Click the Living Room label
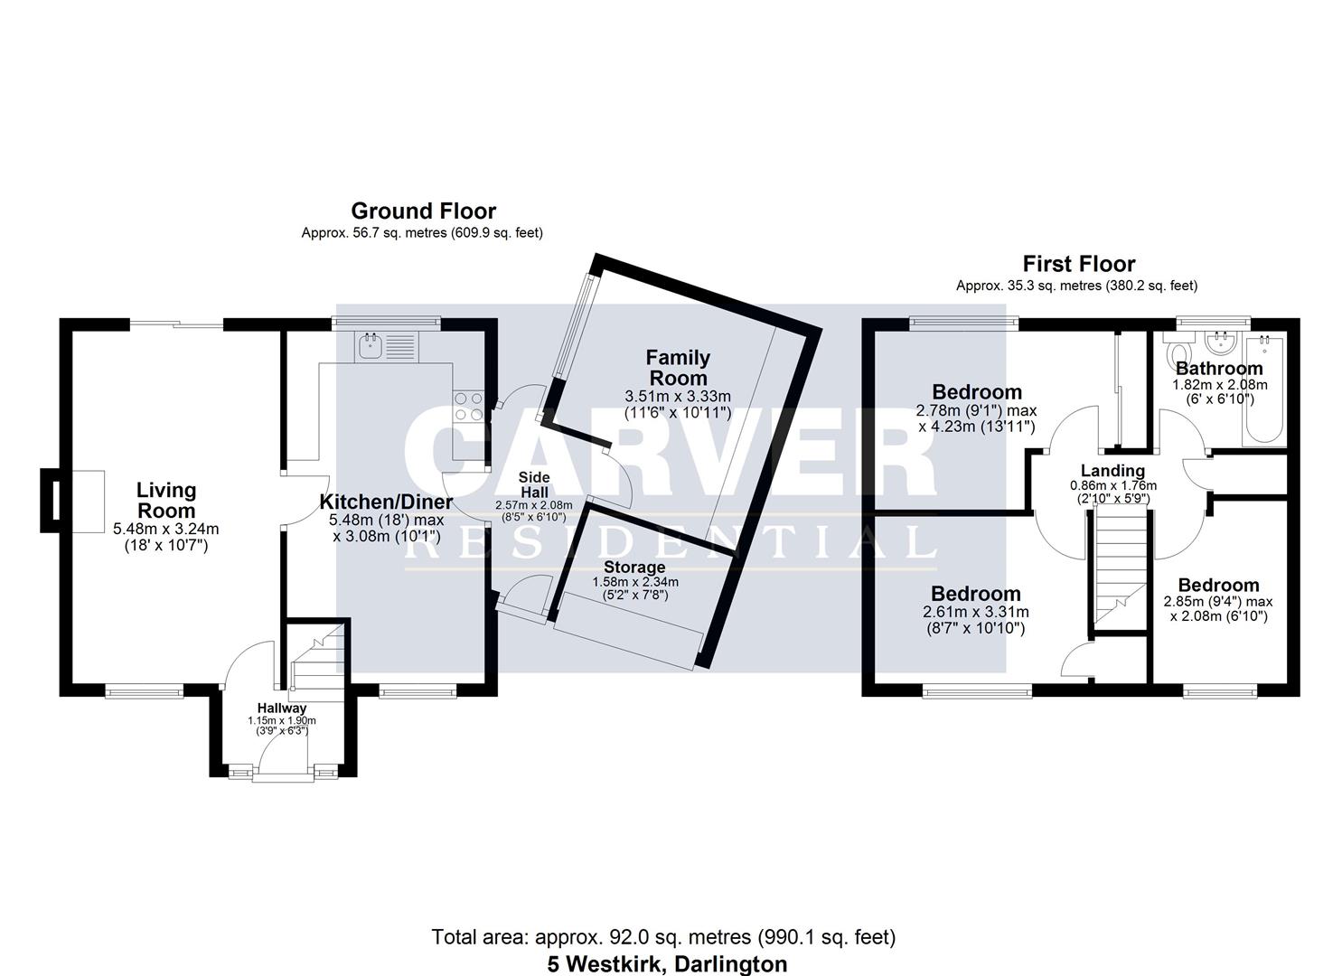(166, 500)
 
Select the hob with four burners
(468, 406)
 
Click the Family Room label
(678, 368)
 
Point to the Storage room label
(634, 568)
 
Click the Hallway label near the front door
(281, 708)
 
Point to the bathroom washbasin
(1223, 342)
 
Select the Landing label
(1112, 471)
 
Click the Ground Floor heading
(423, 211)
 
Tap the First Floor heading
(1078, 264)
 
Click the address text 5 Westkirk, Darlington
(667, 964)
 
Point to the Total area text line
(663, 937)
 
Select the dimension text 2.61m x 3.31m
(975, 612)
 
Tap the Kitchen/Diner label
(387, 502)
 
